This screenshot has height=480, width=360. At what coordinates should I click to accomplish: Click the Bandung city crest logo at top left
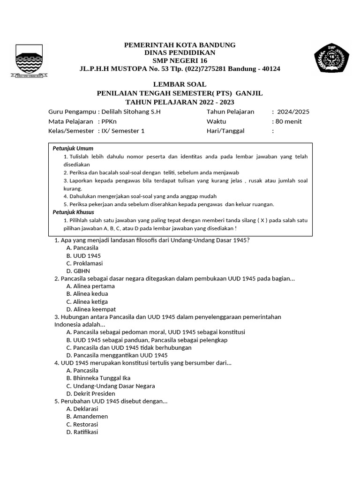[29, 60]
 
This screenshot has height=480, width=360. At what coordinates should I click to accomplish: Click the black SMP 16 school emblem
[331, 58]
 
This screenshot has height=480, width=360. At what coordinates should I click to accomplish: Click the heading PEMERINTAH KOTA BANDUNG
[180, 45]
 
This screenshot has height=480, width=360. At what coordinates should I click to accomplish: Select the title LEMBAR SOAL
[180, 84]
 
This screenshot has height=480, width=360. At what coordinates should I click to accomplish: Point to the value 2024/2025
[293, 112]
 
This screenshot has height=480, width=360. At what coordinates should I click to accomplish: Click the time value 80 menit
[289, 121]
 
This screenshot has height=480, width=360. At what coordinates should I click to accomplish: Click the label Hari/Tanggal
[225, 131]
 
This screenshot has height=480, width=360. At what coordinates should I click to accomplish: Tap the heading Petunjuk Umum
[73, 149]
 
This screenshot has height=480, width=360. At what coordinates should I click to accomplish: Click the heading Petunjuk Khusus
[73, 212]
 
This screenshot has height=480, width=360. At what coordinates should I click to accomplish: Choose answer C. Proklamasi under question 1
[84, 263]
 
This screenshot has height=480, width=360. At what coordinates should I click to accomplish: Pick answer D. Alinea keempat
[91, 309]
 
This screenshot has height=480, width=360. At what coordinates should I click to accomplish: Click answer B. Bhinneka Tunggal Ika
[98, 378]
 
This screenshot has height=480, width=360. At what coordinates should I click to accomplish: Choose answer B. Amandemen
[87, 416]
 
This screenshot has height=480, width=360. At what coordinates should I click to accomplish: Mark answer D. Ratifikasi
[82, 432]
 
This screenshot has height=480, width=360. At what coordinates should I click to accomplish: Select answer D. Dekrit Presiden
[90, 394]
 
